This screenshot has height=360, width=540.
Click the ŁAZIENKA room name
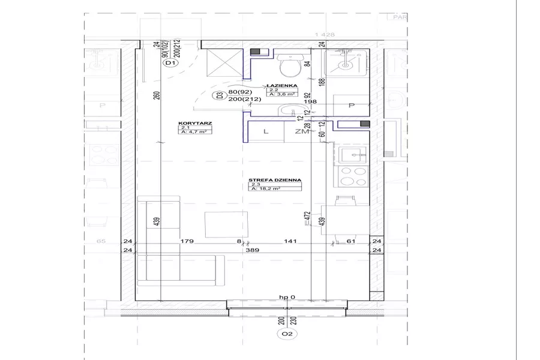280,86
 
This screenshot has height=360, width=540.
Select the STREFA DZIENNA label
275,179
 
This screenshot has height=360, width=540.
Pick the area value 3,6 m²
281,94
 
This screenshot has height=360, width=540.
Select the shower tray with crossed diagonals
217,63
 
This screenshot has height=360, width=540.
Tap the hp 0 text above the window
288,298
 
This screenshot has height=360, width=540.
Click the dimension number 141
290,242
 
